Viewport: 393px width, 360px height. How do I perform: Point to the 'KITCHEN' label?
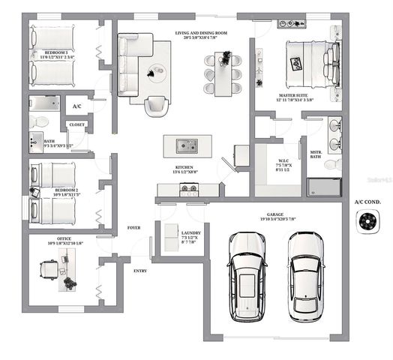coord(185,167)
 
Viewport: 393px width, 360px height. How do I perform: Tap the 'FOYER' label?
coord(134,226)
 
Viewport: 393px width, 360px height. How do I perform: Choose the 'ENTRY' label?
coord(140,270)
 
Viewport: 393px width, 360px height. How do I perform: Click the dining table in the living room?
coord(223,71)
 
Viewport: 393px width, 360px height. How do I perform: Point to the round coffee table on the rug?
coord(157,72)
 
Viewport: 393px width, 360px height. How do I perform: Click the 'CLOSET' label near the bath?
coord(76,124)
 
